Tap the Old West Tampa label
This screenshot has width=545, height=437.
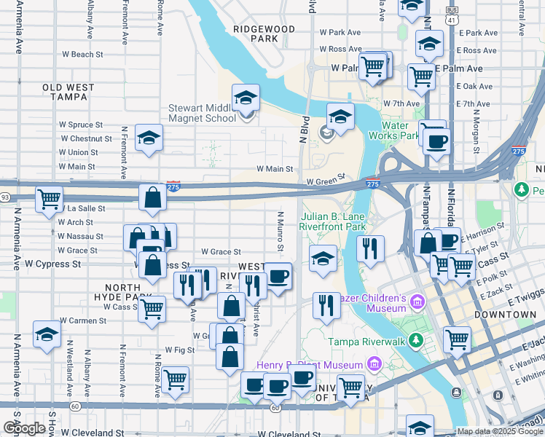(68, 92)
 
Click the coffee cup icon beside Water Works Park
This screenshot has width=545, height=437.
(436, 141)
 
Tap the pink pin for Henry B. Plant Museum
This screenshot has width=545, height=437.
(373, 364)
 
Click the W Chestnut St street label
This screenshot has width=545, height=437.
(86, 138)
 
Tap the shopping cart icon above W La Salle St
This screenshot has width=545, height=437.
(49, 199)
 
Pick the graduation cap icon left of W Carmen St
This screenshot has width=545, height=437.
(47, 335)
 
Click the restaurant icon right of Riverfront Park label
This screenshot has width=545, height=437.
(371, 248)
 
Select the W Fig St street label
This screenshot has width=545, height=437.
(179, 350)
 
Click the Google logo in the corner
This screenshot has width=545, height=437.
(24, 428)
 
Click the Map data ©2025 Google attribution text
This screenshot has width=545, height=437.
(500, 431)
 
